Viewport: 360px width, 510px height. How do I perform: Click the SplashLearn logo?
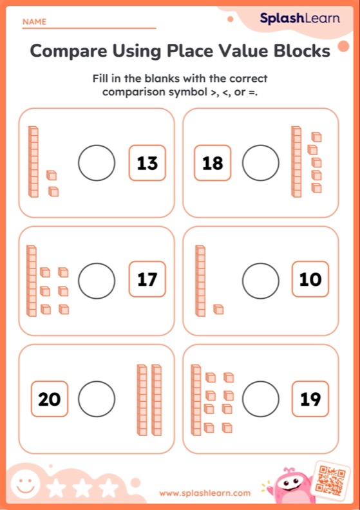coord(299,19)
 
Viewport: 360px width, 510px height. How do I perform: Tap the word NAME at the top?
coord(34,22)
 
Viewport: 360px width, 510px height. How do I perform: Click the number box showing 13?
coord(147,163)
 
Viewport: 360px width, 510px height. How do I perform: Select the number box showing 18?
coord(212,163)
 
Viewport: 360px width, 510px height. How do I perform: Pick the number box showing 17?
coord(147,280)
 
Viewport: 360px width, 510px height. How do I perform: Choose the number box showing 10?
coord(310,280)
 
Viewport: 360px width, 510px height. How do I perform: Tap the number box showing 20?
coord(49,399)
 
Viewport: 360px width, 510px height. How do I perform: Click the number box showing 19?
coord(310,399)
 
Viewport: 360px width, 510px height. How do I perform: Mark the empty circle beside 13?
coord(97,163)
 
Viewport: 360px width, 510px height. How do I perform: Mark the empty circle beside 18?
coord(260,163)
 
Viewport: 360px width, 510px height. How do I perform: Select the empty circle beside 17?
coord(97,280)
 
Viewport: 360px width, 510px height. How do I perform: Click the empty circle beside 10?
coord(260,280)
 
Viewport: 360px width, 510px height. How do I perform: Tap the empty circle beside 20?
coord(97,399)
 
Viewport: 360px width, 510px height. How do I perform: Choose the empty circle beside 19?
coord(260,399)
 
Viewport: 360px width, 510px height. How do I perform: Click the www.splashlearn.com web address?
coord(204,493)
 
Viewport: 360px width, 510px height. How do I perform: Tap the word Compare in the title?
coord(66,52)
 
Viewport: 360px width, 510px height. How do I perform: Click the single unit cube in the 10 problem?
coord(218,310)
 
